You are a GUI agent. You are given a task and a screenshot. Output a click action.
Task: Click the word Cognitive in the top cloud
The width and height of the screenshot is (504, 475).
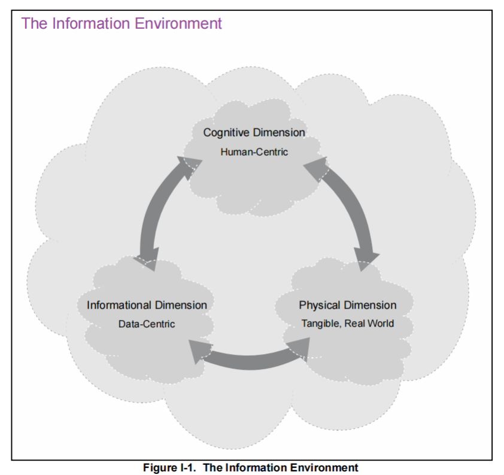(223, 133)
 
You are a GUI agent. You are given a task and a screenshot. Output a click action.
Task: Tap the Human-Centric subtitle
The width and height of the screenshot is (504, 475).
(254, 152)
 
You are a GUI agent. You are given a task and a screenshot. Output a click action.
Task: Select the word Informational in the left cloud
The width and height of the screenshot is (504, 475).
(119, 305)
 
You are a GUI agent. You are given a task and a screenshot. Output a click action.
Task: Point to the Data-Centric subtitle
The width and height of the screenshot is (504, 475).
(147, 324)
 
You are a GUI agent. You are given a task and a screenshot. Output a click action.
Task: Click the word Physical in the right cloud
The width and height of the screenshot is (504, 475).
(319, 305)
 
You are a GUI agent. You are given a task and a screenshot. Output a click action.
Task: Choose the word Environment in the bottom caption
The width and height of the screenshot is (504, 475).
(326, 467)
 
